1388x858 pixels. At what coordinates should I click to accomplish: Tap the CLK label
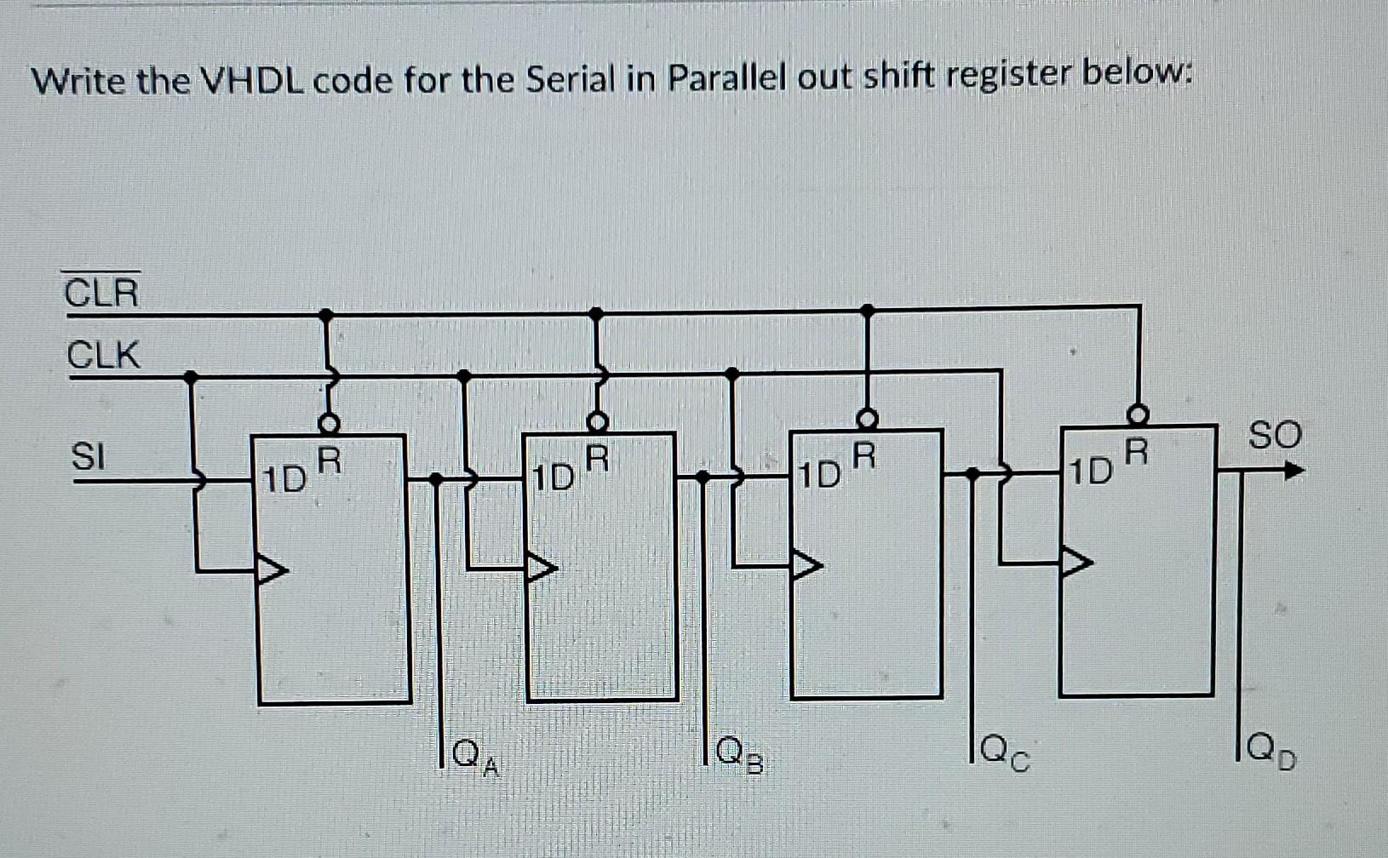pos(103,354)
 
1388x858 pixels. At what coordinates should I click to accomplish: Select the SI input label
pos(88,457)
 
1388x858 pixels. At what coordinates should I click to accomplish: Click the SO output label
pos(1275,435)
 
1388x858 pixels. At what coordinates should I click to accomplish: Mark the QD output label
pos(1270,752)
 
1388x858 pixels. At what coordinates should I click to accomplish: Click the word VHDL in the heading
pos(254,81)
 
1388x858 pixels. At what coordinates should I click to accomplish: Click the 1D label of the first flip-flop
pos(284,480)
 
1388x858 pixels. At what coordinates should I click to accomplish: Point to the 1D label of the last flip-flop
pos(1091,471)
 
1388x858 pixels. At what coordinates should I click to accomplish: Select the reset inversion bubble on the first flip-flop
pos(329,422)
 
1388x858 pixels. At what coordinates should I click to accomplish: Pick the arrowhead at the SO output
pos(1293,470)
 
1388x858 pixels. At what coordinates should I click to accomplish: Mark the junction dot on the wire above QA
pos(435,479)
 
